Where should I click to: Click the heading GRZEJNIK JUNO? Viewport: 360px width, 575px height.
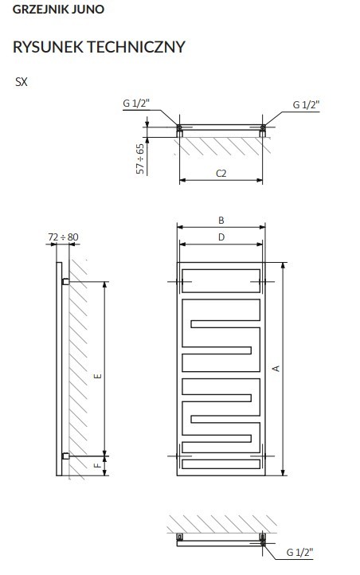[58, 10]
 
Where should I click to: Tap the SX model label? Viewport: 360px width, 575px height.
[22, 82]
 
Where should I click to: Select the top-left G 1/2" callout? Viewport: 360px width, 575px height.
[136, 104]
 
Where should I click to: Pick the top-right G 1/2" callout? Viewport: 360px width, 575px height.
[306, 105]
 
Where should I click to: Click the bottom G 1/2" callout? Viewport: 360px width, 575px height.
[300, 552]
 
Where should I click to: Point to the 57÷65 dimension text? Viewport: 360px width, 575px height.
[140, 158]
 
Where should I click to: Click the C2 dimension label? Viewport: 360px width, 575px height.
[221, 173]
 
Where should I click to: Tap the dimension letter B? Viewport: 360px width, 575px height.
[221, 220]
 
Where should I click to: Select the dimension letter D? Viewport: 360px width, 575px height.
[221, 237]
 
